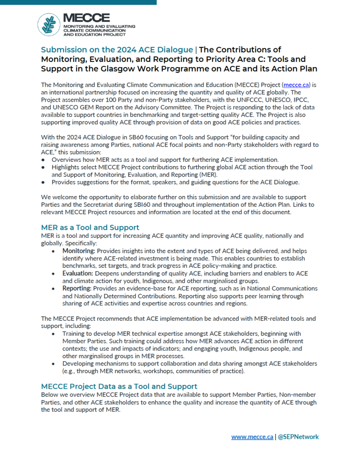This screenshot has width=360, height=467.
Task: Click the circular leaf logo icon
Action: (49, 25)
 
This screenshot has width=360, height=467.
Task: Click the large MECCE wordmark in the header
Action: (87, 18)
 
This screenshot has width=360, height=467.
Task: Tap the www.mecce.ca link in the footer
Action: (252, 436)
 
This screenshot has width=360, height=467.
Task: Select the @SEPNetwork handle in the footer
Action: (298, 436)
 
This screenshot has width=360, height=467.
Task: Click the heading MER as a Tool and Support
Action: (90, 227)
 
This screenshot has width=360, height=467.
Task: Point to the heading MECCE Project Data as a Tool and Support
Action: (119, 386)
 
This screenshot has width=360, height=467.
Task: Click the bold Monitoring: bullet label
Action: (80, 251)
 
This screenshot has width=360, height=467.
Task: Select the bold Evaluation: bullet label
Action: (78, 273)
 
